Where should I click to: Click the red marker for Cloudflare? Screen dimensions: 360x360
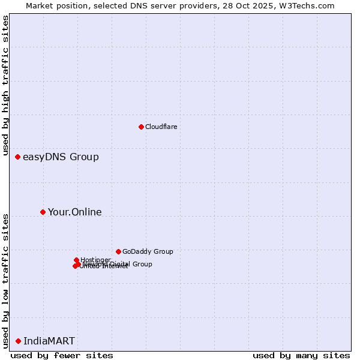(x=141, y=127)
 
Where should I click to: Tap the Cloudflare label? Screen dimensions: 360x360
(x=161, y=127)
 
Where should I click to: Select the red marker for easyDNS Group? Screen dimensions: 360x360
(x=18, y=157)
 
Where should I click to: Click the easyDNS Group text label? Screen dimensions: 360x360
(x=61, y=157)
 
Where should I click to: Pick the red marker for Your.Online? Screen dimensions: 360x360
(x=43, y=212)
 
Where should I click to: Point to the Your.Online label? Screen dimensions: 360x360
(x=75, y=212)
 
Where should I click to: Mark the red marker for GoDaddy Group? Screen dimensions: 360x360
(x=118, y=251)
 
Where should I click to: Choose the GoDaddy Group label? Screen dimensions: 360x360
(x=148, y=251)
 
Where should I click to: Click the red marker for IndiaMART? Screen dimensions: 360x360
(x=18, y=341)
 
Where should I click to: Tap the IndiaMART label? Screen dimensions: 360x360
(x=49, y=341)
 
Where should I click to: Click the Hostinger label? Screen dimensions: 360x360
(x=95, y=260)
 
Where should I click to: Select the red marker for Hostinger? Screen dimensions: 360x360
(x=76, y=260)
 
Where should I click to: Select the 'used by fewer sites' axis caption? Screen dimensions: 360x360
(x=62, y=355)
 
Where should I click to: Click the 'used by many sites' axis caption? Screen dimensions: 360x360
(x=301, y=355)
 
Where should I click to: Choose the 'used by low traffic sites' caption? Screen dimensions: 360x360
(x=5, y=281)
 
